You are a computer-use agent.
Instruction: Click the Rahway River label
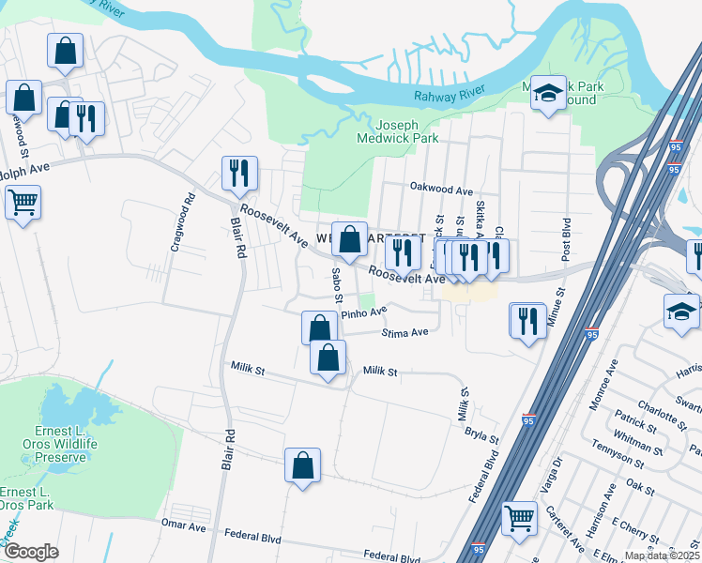442,96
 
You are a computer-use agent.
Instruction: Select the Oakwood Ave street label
440,190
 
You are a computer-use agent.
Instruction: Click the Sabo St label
336,283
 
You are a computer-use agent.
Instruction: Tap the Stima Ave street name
404,332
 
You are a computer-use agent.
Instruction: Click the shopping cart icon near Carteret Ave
519,517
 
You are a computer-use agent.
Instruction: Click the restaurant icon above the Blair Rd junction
238,173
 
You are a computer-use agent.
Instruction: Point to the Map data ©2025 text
661,555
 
